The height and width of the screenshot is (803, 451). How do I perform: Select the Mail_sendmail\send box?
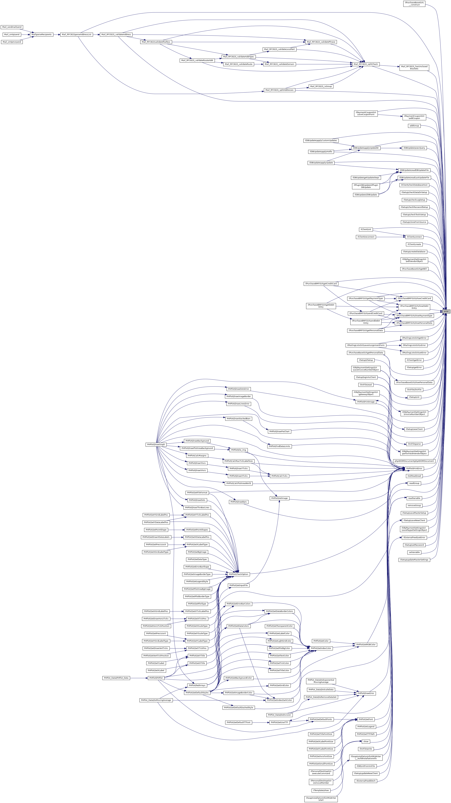(x=12, y=27)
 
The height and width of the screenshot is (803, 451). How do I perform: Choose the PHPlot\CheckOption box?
(x=238, y=574)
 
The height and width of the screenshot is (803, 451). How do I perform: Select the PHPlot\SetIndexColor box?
(x=321, y=648)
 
